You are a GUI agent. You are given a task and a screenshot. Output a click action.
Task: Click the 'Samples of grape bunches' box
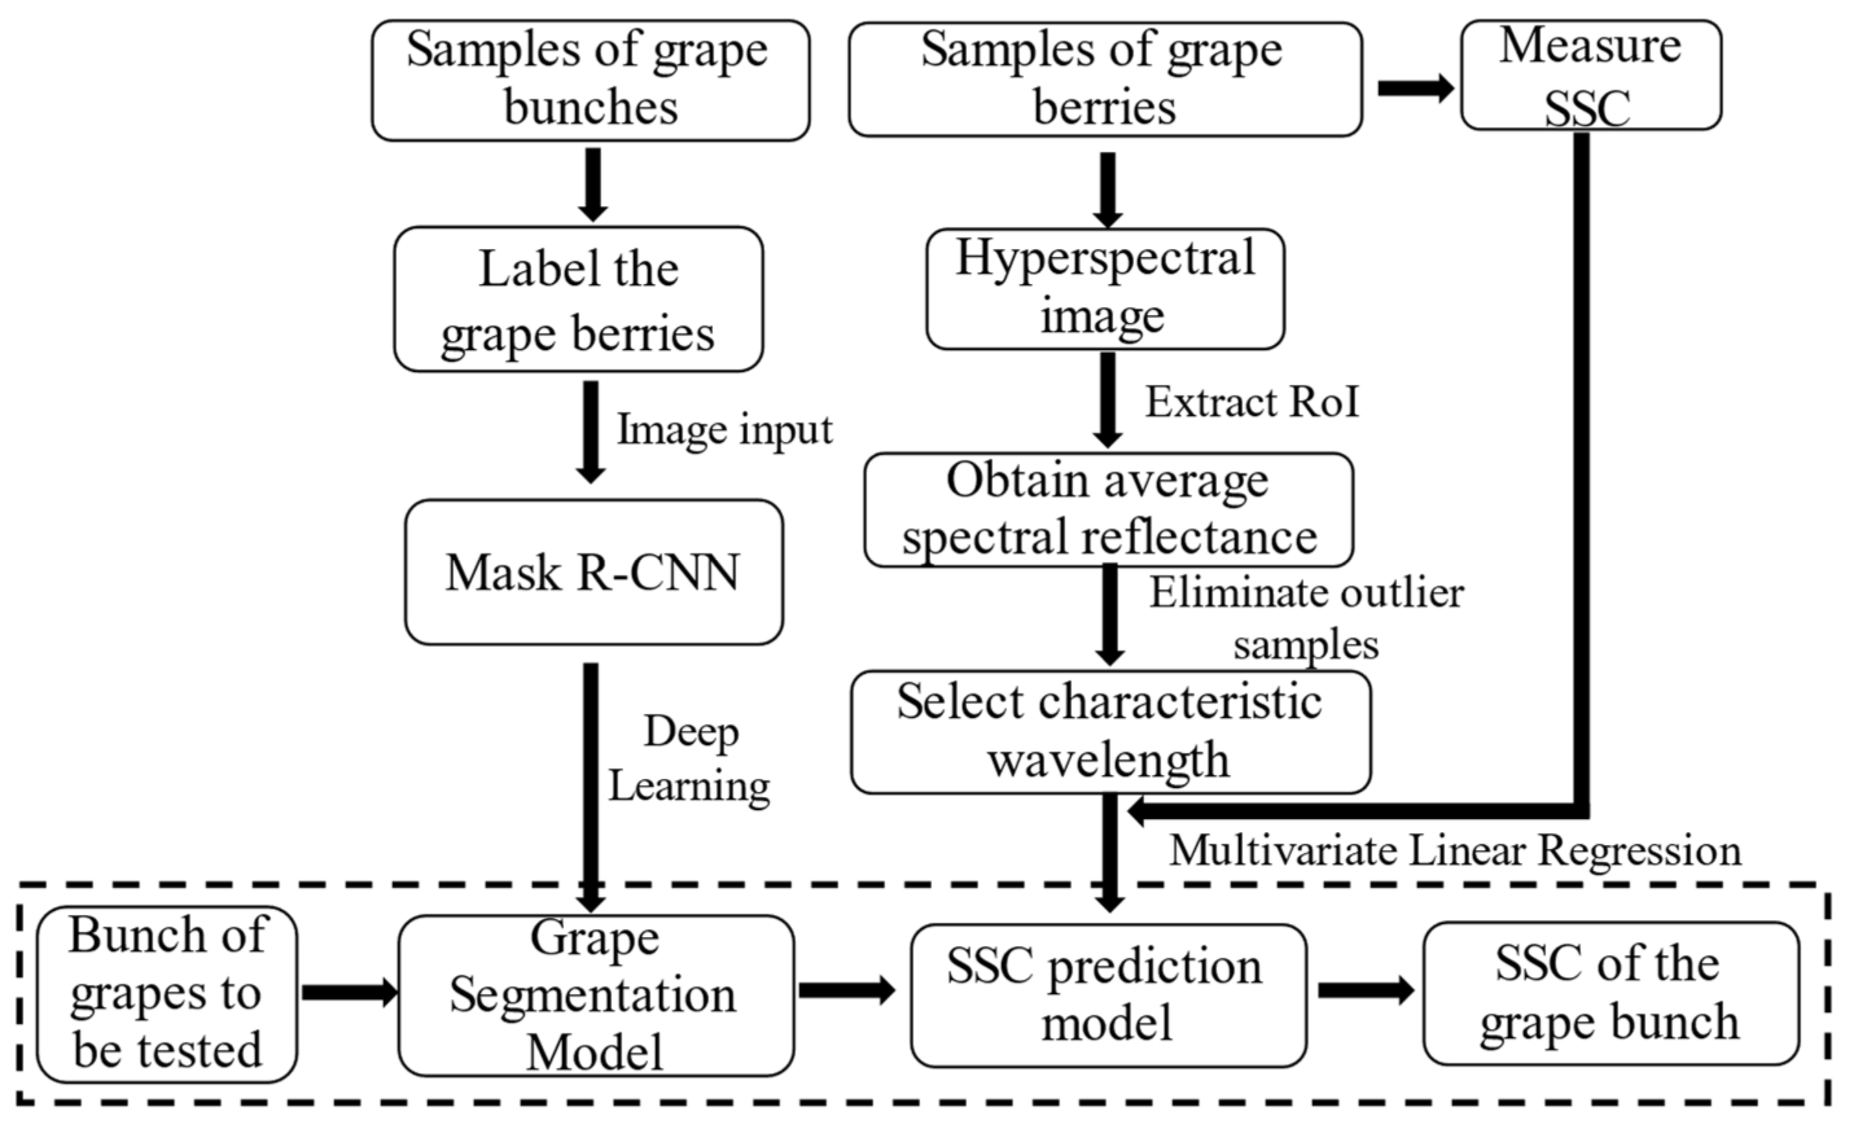coord(591,80)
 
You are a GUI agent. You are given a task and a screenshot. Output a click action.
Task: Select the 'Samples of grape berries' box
coord(1104,80)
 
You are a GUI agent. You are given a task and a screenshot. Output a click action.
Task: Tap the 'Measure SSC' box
coord(1590,75)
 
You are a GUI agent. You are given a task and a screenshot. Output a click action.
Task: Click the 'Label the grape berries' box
coord(578,299)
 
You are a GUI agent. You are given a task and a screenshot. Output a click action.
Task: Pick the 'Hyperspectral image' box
coord(1104,289)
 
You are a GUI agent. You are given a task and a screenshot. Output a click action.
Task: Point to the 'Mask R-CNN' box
coord(593,572)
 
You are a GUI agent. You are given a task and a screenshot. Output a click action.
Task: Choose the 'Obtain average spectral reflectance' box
coord(1108,510)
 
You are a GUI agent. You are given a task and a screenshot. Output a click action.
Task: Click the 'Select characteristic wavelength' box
coord(1110,731)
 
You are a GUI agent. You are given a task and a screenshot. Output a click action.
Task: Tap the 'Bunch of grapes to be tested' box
coord(167,994)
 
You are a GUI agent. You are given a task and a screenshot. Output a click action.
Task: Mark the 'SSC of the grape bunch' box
coord(1610,994)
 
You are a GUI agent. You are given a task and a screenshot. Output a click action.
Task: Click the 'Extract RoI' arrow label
coord(1252,402)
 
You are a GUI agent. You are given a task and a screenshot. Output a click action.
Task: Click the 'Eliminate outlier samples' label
coord(1306,619)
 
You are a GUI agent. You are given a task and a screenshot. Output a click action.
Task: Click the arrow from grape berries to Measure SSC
coord(1414,88)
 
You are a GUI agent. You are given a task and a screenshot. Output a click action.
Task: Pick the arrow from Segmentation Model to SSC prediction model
coord(847,991)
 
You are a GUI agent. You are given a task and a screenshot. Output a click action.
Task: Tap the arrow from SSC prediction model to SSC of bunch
coord(1365,991)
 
